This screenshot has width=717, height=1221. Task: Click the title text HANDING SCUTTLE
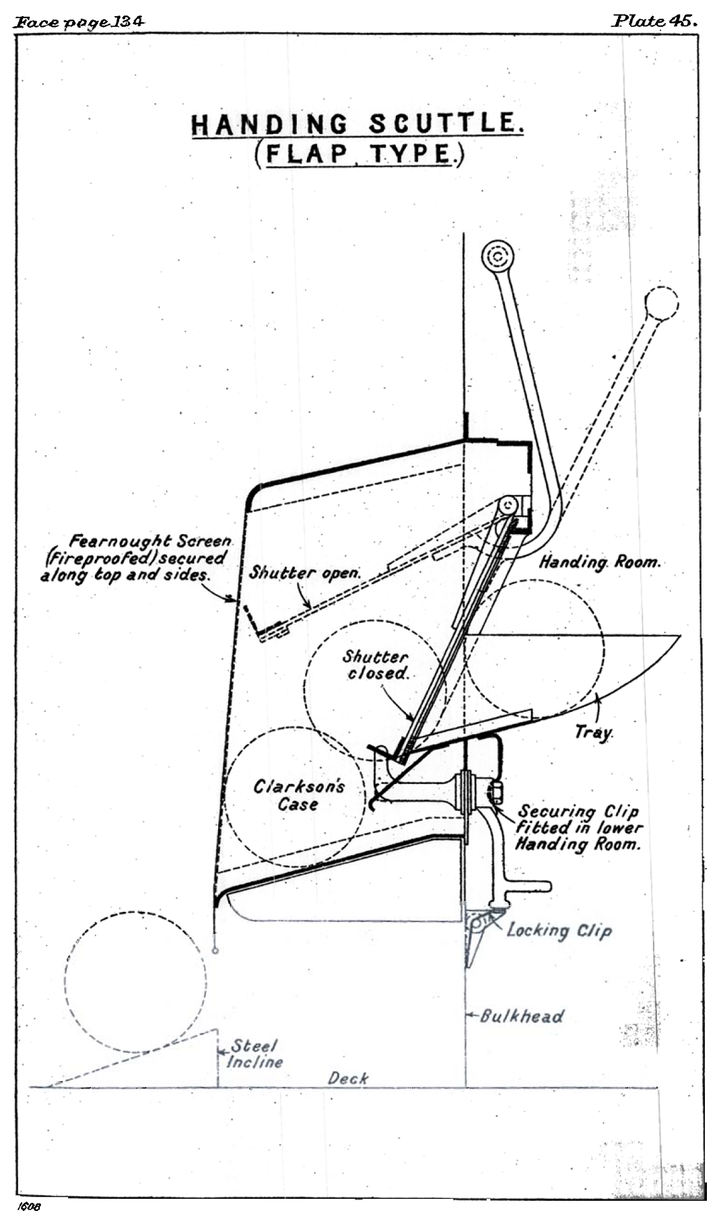click(357, 125)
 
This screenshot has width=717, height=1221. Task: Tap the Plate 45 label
click(654, 21)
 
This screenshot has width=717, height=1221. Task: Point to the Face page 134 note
click(79, 22)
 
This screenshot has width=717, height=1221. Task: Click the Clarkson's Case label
click(299, 795)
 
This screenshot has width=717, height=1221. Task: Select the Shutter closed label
click(376, 665)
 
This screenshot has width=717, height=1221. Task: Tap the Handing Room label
click(599, 562)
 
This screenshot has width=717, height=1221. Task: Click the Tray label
click(593, 732)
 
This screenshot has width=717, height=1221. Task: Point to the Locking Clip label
click(559, 930)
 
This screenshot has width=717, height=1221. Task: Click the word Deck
click(348, 1078)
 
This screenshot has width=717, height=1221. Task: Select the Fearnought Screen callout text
click(135, 558)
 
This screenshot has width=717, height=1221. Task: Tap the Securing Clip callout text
click(579, 828)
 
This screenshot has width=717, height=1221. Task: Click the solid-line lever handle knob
click(498, 257)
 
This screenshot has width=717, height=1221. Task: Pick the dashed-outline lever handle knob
click(662, 304)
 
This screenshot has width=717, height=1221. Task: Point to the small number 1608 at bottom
click(30, 1207)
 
